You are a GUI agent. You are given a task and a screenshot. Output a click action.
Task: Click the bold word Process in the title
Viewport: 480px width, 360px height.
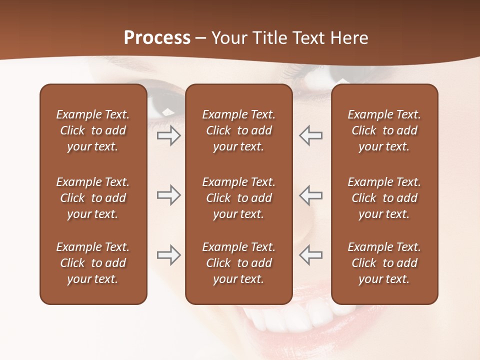(x=157, y=38)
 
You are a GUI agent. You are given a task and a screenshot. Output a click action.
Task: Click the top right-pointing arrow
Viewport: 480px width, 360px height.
(x=168, y=135)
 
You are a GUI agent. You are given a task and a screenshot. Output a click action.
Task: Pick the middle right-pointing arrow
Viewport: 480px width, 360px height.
(x=168, y=195)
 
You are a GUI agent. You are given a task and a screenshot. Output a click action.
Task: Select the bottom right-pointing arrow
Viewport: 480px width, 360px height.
(x=168, y=255)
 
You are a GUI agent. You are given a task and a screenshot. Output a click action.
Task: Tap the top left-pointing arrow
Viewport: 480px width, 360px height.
(x=311, y=135)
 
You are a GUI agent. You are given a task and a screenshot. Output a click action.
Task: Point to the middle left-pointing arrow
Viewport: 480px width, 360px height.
(x=311, y=195)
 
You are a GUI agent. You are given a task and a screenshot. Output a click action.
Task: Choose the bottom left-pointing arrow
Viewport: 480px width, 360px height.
(x=311, y=255)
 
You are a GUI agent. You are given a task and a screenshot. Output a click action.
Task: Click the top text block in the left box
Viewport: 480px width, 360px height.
(x=93, y=130)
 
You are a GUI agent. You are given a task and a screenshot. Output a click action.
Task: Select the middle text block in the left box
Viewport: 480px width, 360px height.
(x=93, y=198)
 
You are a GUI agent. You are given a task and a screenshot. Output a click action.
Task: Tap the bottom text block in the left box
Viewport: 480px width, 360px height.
(x=93, y=263)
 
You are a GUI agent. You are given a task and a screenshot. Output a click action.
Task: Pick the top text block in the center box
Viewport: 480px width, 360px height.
(x=238, y=130)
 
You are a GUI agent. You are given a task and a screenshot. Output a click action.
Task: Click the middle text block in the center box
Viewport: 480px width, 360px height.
(x=238, y=198)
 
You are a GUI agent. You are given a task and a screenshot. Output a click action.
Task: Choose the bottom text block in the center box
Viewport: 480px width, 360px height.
(x=238, y=263)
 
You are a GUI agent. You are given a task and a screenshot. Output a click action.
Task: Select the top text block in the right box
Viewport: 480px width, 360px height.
(x=384, y=130)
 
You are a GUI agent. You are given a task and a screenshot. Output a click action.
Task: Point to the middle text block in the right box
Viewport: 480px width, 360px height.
(x=384, y=198)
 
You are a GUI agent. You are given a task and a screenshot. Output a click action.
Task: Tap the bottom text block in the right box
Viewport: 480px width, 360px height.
(x=384, y=263)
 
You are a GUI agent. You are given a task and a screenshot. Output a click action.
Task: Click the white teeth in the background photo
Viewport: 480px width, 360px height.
(x=300, y=317)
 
